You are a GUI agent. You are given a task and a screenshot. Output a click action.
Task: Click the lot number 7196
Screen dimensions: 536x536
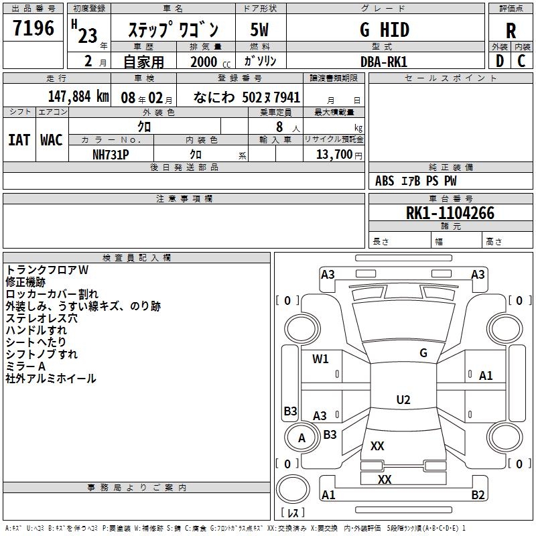[33, 29]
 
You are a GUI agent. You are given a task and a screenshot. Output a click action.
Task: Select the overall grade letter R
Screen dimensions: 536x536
[511, 30]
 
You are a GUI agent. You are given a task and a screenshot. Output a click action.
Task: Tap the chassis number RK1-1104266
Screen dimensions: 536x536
[450, 213]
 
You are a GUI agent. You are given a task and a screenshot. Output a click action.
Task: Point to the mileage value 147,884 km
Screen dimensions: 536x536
[79, 96]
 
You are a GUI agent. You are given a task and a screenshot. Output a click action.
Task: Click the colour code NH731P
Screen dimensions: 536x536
[111, 153]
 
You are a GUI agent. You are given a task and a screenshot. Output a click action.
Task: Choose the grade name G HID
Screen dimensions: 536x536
[385, 29]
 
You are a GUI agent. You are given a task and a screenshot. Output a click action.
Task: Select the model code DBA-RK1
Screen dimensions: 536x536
[384, 61]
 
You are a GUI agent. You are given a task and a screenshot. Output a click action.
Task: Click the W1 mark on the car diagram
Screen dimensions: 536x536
[321, 358]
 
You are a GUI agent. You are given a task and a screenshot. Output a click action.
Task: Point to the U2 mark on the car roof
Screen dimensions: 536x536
[403, 400]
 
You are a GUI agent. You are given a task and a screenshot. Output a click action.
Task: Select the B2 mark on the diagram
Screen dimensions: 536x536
[478, 495]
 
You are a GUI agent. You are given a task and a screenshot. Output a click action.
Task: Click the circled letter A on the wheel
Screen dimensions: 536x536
[301, 438]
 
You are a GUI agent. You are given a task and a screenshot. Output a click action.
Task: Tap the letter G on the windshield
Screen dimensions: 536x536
[423, 352]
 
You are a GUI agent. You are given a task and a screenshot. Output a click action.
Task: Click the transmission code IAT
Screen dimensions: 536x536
[19, 139]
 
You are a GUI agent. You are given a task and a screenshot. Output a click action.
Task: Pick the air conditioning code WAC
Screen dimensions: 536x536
[51, 139]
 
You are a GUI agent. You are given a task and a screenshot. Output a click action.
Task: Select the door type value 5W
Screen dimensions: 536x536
[259, 30]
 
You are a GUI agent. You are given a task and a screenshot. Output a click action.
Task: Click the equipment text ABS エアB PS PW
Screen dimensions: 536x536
[415, 181]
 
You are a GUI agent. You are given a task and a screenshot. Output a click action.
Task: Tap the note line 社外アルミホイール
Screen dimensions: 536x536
[51, 379]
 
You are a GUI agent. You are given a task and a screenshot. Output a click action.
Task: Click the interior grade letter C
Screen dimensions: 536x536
[522, 61]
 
